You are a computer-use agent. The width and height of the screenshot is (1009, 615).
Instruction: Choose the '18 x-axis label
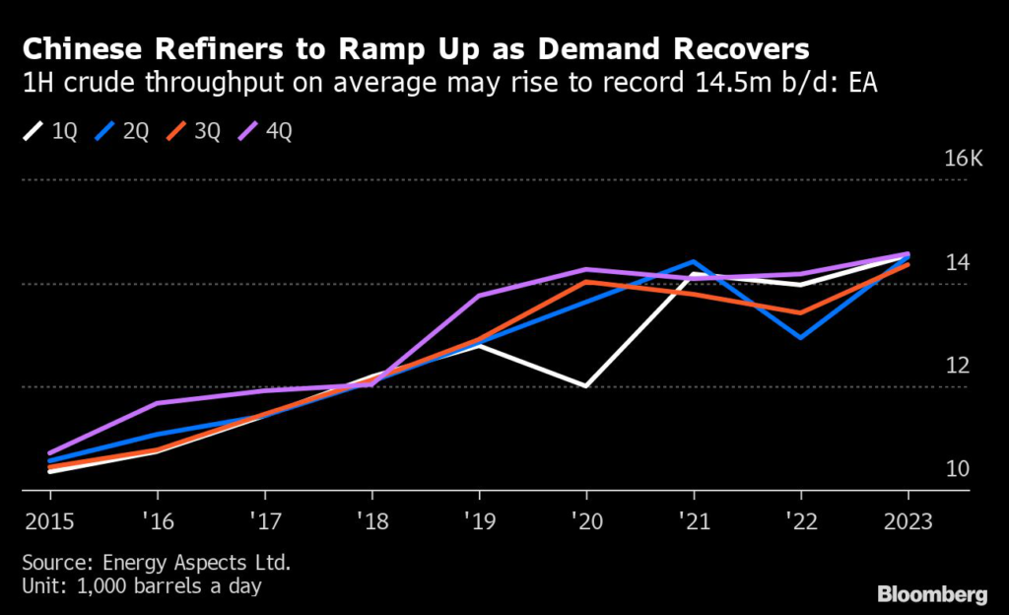[x=371, y=519]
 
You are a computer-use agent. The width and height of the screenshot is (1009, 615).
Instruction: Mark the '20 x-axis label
[x=586, y=519]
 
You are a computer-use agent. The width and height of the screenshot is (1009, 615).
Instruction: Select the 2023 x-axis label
[x=908, y=519]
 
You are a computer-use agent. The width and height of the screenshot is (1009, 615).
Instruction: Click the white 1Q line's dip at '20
[x=586, y=386]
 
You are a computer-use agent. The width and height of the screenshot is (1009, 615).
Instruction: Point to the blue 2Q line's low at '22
[x=800, y=338]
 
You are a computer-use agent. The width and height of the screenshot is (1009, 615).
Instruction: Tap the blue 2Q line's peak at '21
[x=694, y=261]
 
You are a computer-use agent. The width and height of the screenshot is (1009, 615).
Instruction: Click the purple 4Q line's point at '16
[x=157, y=402]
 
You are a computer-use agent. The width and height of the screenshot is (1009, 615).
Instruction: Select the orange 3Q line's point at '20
[x=586, y=282]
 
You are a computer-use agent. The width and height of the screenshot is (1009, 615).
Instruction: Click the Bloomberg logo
[x=931, y=594]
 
